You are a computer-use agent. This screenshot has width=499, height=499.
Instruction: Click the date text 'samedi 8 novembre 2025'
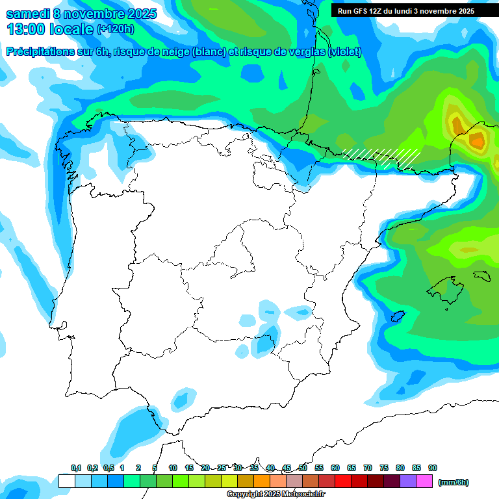tap(81, 13)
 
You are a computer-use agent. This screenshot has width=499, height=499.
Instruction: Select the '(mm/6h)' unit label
tap(454, 482)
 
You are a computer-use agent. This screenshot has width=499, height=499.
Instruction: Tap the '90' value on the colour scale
tap(433, 468)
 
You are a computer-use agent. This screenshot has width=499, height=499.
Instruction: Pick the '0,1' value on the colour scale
tap(76, 468)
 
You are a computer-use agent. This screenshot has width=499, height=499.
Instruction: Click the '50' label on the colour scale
tap(303, 468)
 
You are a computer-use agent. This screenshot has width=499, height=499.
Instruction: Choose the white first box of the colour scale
tap(66, 481)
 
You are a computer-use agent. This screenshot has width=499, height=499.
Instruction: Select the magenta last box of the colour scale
tap(425, 481)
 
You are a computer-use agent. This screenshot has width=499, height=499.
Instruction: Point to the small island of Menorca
tap(481, 275)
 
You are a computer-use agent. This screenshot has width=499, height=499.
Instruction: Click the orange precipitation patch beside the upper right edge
tap(478, 138)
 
